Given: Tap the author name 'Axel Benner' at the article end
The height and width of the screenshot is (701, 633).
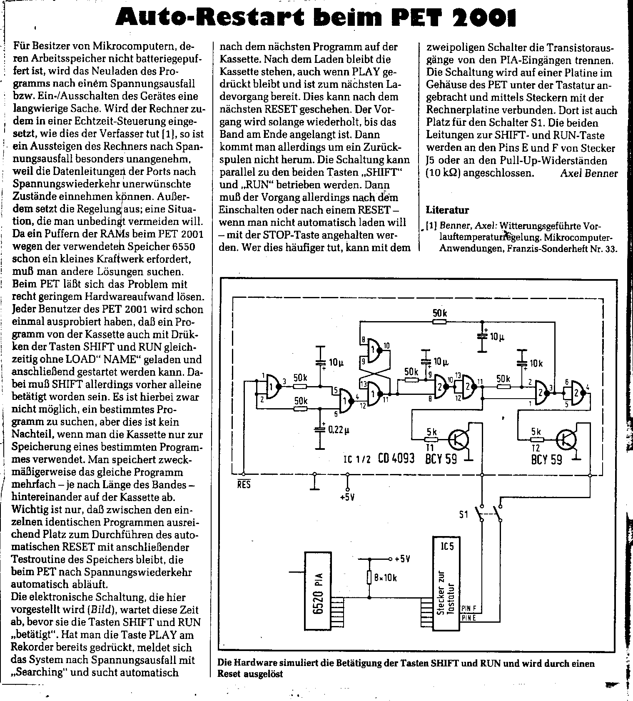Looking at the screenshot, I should click(589, 173).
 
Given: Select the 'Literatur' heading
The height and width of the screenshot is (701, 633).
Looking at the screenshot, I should click(447, 210).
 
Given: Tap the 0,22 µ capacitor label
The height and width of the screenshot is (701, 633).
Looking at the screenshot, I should click(339, 429).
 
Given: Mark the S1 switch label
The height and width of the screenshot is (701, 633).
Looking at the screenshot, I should click(464, 515).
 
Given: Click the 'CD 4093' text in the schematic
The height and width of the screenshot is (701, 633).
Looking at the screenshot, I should click(396, 459).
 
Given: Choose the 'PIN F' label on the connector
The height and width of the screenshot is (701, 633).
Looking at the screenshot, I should click(469, 609).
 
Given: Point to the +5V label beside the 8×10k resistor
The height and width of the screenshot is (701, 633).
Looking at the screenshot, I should click(402, 559).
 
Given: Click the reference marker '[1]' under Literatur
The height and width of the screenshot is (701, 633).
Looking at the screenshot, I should click(431, 226).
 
